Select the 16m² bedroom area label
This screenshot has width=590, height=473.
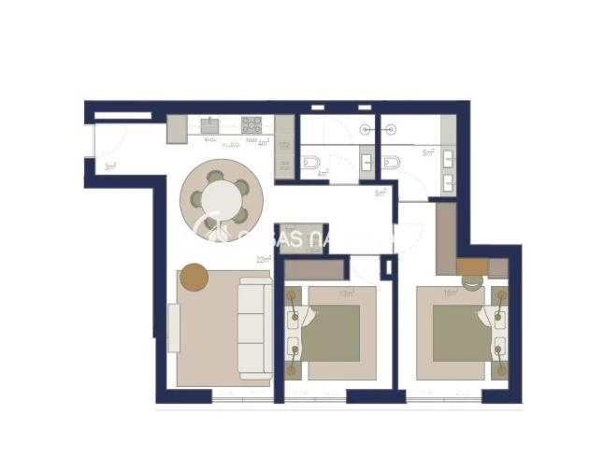tap(450, 293)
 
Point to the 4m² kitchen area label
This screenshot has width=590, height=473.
tap(263, 143)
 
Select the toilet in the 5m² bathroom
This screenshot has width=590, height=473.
tap(394, 161)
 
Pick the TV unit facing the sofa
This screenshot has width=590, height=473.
tap(174, 327)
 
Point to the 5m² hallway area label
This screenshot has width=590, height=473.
tap(381, 193)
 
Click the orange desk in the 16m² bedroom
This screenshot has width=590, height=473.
tap(472, 265)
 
